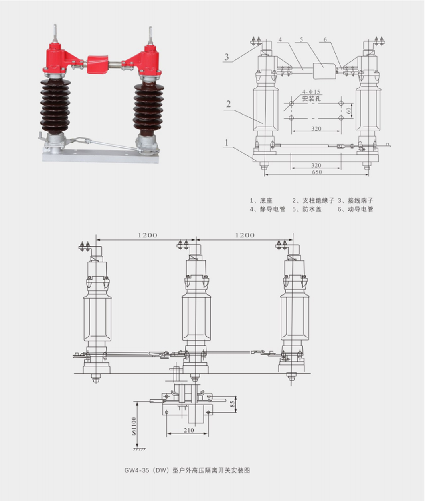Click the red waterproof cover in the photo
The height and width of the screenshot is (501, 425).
click(98, 64)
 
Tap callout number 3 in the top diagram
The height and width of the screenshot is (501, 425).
click(227, 57)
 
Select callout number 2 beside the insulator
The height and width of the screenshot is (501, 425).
click(228, 104)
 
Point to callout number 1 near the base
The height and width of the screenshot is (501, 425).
click(227, 142)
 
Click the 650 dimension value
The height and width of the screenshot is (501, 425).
click(316, 172)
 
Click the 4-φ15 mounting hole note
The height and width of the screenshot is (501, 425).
click(309, 92)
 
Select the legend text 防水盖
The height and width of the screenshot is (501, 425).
click(312, 209)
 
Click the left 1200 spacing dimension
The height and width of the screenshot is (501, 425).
click(148, 235)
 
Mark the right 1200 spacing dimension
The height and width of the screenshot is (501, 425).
click(245, 235)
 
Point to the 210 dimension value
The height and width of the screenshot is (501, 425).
click(189, 430)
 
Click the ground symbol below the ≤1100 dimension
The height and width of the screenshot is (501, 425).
click(139, 449)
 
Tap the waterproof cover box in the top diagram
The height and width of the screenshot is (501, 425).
click(324, 71)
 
